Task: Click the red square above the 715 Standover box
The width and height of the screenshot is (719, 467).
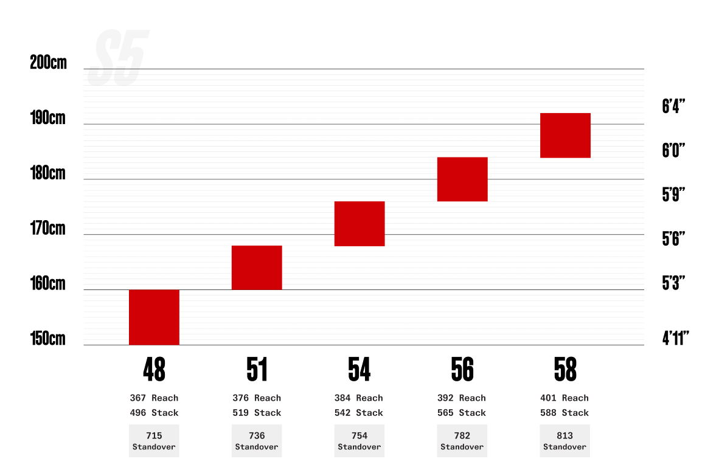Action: point(154,317)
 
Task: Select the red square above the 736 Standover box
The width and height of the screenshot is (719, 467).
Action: point(257,268)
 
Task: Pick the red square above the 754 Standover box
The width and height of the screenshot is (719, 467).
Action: point(359,224)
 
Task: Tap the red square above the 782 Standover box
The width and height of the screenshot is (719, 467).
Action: point(462,179)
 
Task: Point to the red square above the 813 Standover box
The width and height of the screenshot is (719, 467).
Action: point(566,135)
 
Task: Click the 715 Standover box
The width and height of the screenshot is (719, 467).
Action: point(154,440)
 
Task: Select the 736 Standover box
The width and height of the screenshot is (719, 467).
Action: point(257,440)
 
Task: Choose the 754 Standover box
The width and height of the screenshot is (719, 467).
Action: point(359,440)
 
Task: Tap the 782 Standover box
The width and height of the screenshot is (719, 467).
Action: point(462,440)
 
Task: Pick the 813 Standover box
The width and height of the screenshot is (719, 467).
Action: point(565,440)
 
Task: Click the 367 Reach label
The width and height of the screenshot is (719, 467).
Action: point(154,398)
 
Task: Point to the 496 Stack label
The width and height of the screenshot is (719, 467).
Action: point(154,413)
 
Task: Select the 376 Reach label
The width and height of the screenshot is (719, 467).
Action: point(257,398)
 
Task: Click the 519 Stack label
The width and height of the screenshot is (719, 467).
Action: point(257,413)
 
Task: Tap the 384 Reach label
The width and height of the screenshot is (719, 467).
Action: point(358,398)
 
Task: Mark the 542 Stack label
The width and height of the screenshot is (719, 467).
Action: point(358,413)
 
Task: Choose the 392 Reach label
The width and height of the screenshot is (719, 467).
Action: point(461,398)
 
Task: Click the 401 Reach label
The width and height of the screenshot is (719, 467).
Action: point(564,398)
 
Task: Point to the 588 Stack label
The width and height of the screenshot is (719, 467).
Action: point(564,413)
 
